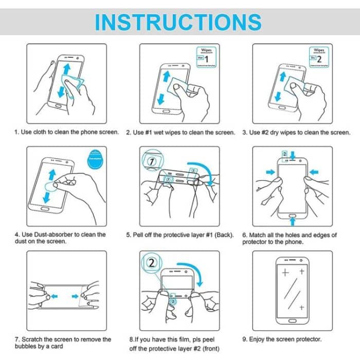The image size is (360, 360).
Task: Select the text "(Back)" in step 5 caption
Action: [x=224, y=235]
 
